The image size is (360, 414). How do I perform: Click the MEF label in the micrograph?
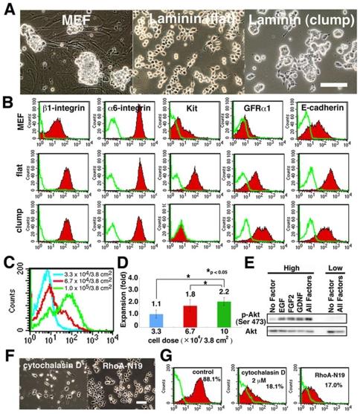[80, 19]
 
